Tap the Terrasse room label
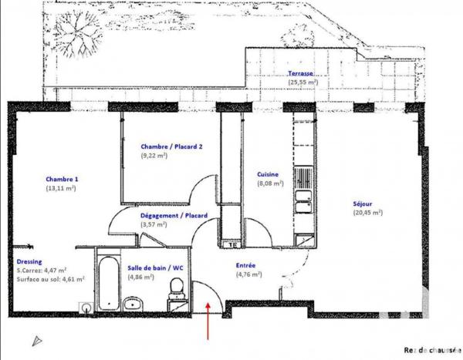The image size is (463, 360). tap(302, 72)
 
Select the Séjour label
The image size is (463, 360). tap(367, 203)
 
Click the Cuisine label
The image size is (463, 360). tap(269, 175)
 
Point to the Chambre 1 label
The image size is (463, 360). tap(62, 179)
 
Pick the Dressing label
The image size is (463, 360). tap(29, 261)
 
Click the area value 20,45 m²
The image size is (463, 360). tap(367, 212)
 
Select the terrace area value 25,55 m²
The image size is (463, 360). tap(303, 81)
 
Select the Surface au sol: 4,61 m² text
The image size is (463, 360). tap(51, 280)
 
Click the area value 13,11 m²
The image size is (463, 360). tap(61, 188)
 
